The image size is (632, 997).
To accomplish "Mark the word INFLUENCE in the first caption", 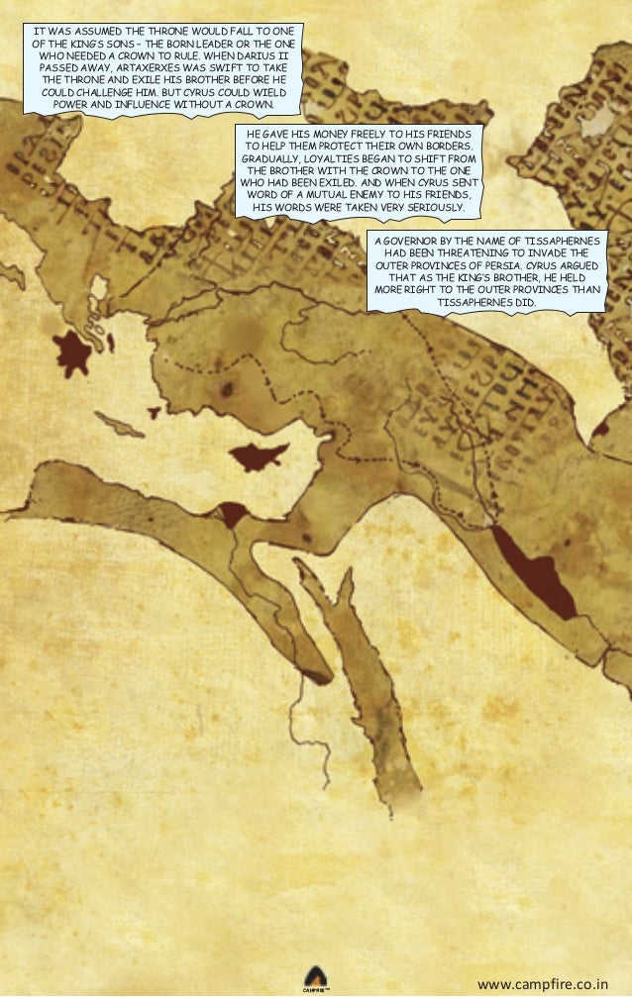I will (x=162, y=103).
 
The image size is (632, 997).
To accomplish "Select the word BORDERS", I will (x=447, y=145).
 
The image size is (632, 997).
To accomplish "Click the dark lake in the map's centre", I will (x=258, y=454).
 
